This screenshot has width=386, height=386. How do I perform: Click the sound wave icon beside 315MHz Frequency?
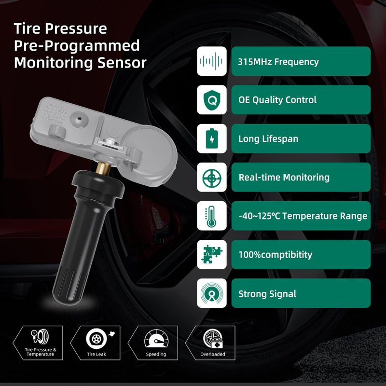[212, 61]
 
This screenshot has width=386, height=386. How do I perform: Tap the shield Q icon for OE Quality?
[212, 100]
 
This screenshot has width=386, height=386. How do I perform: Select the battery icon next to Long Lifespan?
[212, 138]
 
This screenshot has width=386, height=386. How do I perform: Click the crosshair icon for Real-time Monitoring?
[212, 177]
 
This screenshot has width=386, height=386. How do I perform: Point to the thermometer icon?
[212, 216]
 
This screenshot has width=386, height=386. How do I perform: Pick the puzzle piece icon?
[212, 255]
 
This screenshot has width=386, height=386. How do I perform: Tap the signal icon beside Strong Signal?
[212, 293]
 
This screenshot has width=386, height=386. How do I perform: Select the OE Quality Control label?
[277, 100]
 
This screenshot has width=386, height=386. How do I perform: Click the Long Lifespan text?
[268, 139]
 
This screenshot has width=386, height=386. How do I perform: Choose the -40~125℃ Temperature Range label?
[303, 216]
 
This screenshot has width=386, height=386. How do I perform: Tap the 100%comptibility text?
[275, 255]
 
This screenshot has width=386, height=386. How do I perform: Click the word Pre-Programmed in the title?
[77, 46]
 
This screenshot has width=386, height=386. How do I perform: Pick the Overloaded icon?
[213, 338]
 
